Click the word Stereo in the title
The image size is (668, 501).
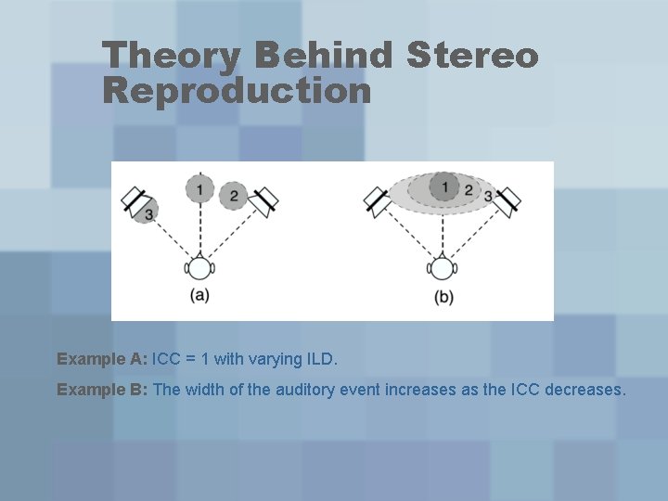[x=472, y=56]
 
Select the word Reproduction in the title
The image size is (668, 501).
[x=237, y=91]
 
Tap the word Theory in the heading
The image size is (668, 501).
[x=173, y=56]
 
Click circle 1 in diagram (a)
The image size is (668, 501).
[x=198, y=189]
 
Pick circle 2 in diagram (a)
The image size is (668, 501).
[x=234, y=195]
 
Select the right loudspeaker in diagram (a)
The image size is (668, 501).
[x=266, y=199]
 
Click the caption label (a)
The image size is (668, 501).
[x=199, y=296]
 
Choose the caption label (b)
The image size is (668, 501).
[x=443, y=297]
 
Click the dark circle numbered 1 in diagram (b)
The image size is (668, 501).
[x=444, y=188]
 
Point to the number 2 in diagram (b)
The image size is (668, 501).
[x=468, y=191]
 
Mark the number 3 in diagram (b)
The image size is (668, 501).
[x=488, y=196]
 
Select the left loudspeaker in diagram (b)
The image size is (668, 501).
[x=377, y=200]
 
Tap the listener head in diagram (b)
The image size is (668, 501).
[x=443, y=269]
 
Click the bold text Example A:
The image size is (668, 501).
[x=102, y=358]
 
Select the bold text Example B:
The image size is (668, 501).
[x=102, y=390]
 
